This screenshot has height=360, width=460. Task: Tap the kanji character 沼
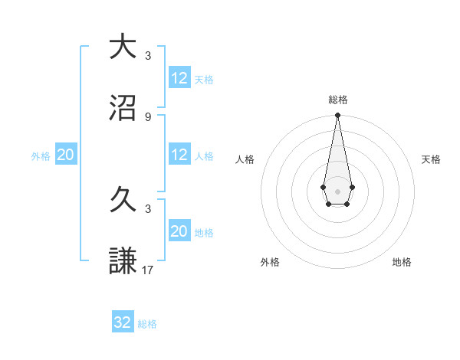coord(123,108)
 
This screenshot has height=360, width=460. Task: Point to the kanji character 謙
coord(123,261)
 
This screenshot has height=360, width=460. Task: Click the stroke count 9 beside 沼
coord(148,116)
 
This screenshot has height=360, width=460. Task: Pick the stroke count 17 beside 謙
coord(148,270)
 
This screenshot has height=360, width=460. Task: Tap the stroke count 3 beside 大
coord(148,55)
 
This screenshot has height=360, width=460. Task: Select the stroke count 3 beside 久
coord(148,208)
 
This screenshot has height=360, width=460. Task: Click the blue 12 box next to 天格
coord(179,77)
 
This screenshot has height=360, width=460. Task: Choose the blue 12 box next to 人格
coord(179,155)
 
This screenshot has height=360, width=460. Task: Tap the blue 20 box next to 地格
coord(179,231)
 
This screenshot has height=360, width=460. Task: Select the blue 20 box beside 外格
coord(66,155)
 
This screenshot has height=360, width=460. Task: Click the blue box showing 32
coord(123,322)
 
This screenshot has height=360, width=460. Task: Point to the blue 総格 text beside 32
coord(147,324)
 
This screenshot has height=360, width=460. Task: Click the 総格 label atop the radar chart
coord(338,100)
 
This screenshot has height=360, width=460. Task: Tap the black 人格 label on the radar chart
coord(245,159)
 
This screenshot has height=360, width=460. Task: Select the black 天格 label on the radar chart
coord(432,159)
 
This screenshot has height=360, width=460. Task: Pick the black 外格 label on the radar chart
coord(270,262)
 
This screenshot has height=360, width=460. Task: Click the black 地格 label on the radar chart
coord(402,262)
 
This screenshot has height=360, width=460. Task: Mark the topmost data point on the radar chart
coord(337,115)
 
